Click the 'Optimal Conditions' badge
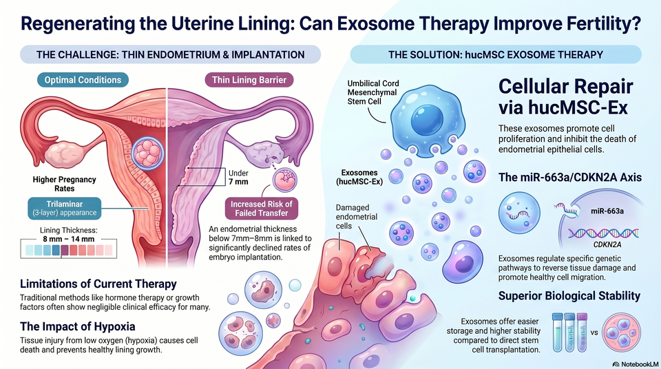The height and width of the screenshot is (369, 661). click(83, 80)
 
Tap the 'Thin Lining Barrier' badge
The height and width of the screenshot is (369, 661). click(249, 80)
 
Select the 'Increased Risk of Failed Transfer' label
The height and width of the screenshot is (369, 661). click(262, 209)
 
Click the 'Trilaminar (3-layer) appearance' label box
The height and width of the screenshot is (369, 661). click(65, 209)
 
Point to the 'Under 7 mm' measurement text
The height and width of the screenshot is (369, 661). click(238, 178)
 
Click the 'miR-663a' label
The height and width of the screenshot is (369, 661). click(607, 211)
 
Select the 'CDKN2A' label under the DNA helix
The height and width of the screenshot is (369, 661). click(607, 244)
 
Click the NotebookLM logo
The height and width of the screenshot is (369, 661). click(636, 364)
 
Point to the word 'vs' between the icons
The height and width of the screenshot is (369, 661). click(594, 333)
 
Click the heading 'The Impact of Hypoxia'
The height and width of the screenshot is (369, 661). click(78, 326)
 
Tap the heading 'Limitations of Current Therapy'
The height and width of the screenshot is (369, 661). click(98, 284)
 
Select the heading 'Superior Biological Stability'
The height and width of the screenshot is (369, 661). click(569, 295)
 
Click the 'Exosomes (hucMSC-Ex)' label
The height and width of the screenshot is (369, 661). click(359, 177)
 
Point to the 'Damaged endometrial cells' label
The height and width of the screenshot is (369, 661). click(356, 217)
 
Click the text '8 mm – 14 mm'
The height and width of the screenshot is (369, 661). click(69, 239)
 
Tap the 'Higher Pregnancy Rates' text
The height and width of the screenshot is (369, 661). click(65, 184)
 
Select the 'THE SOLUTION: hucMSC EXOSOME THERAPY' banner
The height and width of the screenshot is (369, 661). click(496, 54)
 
